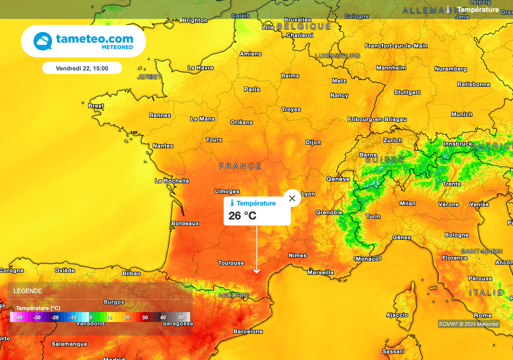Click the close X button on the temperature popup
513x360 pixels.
292,198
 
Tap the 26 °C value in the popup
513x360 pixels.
242,216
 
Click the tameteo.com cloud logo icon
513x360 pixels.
43,41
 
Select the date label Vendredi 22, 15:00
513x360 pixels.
82,68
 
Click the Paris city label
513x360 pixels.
252,90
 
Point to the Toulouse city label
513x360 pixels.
231,263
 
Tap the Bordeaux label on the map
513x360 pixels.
185,223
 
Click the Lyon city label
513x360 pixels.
308,194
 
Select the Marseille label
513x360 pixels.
321,272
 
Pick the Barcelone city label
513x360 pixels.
248,331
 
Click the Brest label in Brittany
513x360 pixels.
96,106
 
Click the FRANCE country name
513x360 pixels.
240,166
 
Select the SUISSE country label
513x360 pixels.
385,160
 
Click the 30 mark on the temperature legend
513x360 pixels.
145,317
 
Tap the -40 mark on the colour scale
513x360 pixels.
19,317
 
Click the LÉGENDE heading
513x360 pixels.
28,291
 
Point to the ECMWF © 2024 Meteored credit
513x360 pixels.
468,324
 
